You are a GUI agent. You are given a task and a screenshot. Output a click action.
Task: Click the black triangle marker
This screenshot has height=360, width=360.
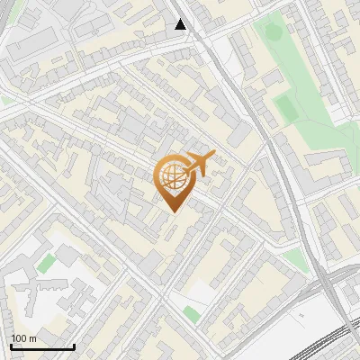(181, 24)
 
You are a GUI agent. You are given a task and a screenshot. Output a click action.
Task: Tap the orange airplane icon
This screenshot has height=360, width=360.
(200, 164)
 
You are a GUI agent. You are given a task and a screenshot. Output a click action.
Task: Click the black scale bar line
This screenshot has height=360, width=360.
(42, 347)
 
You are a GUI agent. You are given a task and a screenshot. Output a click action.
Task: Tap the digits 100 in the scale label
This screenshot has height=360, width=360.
(19, 338)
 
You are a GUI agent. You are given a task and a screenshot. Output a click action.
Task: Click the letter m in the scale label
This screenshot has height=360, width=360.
(32, 338)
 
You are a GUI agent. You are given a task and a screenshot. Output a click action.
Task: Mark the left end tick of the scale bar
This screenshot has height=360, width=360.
(11, 346)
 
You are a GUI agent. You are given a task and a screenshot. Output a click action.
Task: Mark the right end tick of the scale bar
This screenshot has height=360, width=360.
(74, 346)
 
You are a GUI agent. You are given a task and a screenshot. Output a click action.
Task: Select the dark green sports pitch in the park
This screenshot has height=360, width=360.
(285, 109)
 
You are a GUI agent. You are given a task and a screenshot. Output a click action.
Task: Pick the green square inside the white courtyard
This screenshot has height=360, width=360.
(46, 263)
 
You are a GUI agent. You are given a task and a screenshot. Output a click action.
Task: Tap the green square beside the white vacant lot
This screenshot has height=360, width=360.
(191, 313)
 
